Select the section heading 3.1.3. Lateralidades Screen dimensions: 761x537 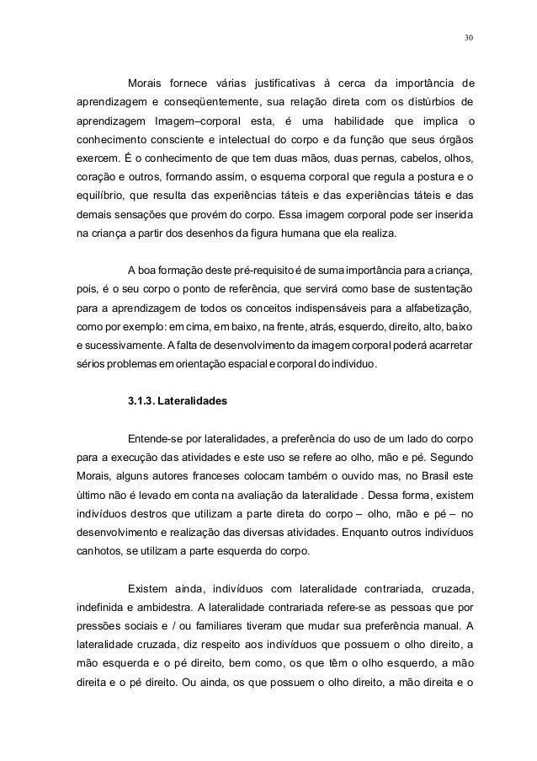pyautogui.click(x=177, y=402)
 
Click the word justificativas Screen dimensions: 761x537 pyautogui.click(x=279, y=83)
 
